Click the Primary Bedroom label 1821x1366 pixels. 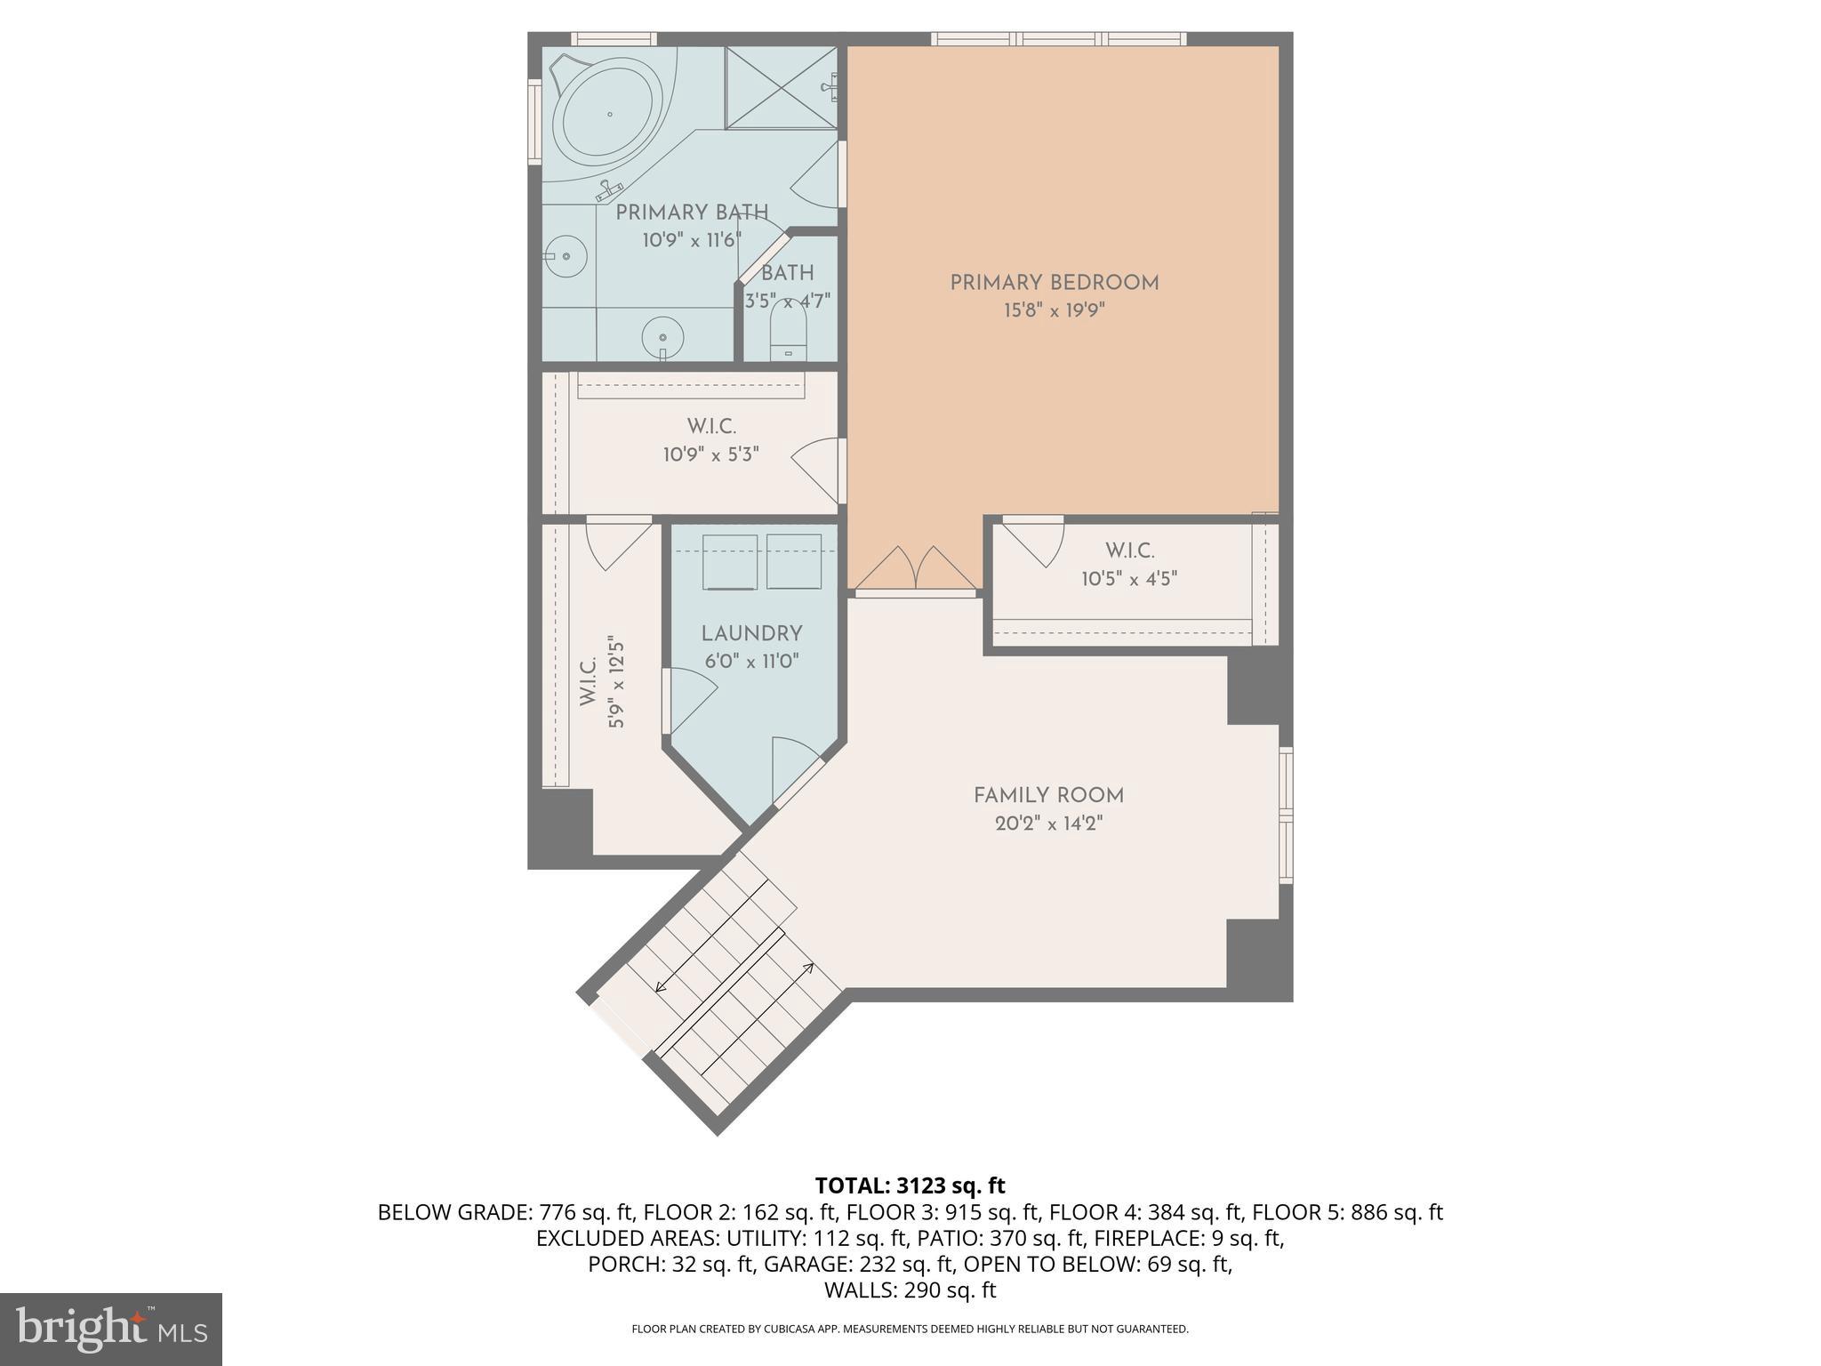[x=1054, y=283]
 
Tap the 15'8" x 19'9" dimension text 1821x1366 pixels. [x=1054, y=310]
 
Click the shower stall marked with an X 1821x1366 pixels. [x=781, y=87]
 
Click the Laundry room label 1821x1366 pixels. [x=751, y=633]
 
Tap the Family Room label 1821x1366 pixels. [x=1048, y=796]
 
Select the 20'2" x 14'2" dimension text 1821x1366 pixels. [x=1048, y=824]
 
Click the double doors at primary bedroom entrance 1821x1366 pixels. [x=916, y=569]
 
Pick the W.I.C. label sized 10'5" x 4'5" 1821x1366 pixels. [x=1129, y=550]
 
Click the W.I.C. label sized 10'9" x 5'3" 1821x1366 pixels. [x=710, y=427]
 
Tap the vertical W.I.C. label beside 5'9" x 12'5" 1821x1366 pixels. [x=589, y=682]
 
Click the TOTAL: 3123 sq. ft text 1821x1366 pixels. [x=910, y=1185]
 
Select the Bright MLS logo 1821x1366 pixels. [x=111, y=1330]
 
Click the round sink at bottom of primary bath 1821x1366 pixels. [x=662, y=337]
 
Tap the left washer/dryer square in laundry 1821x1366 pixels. [x=730, y=561]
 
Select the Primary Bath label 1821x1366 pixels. [x=692, y=213]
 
